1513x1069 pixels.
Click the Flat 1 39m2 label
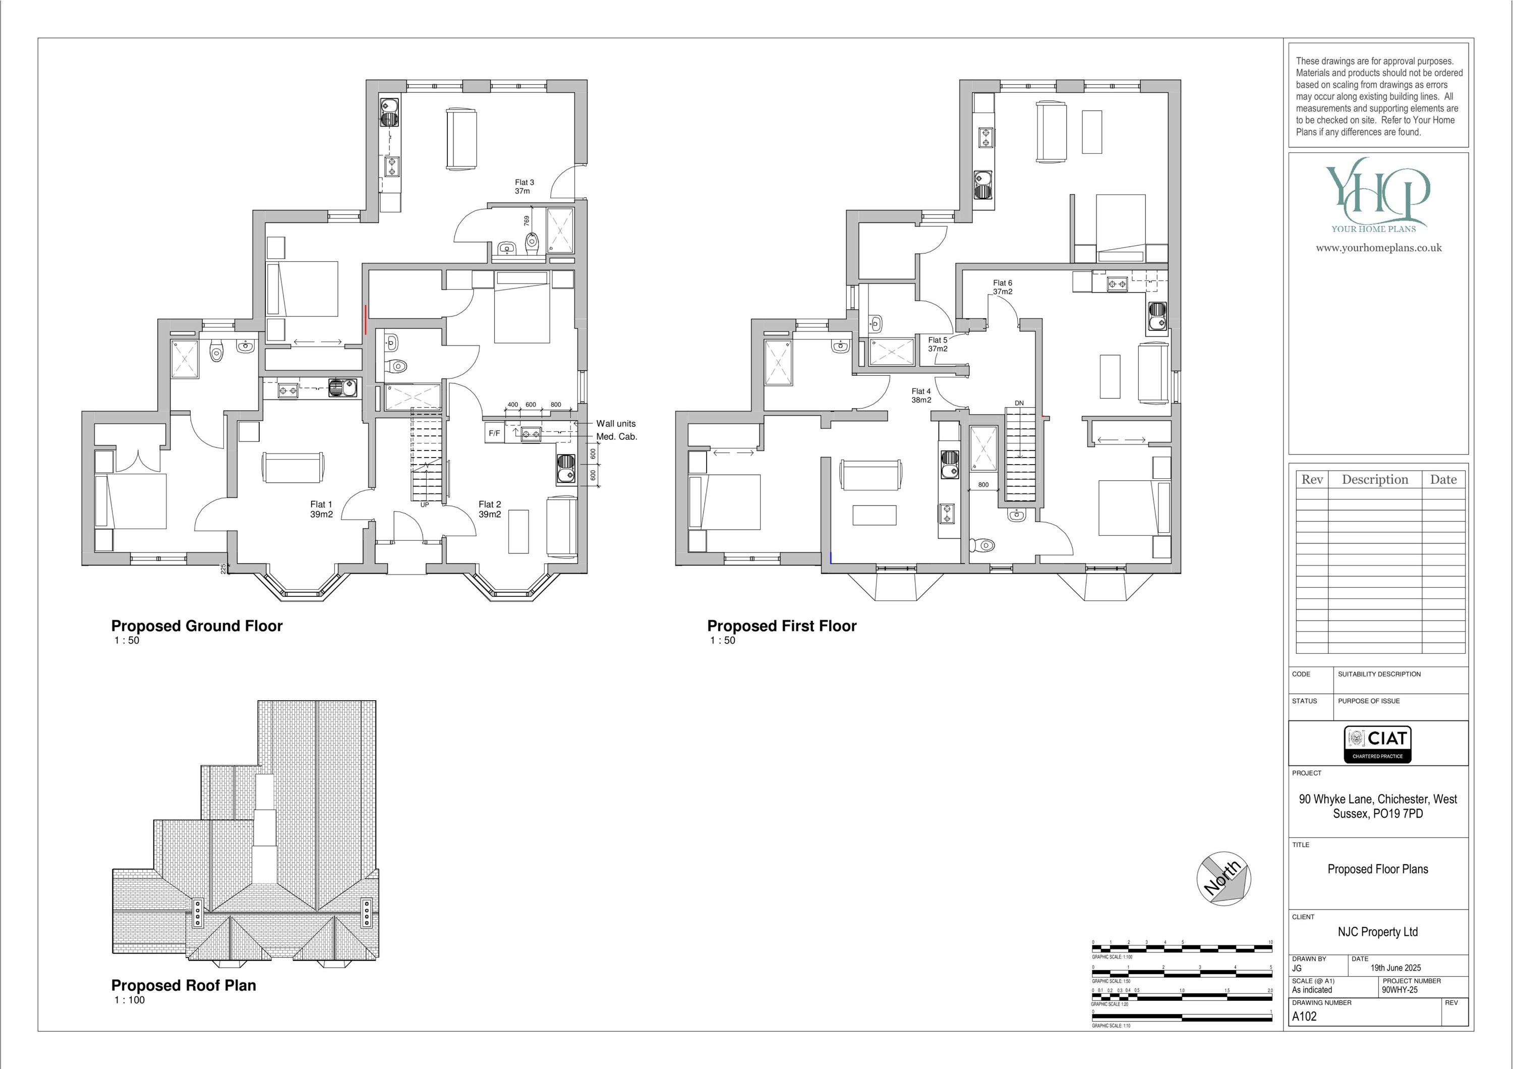(322, 510)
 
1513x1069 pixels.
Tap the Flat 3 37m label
(525, 187)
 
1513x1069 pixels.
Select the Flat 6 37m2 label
(1002, 288)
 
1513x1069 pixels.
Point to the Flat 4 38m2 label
(921, 396)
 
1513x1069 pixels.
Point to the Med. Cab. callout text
(617, 436)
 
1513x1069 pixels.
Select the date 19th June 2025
(1395, 968)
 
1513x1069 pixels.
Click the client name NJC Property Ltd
(1377, 932)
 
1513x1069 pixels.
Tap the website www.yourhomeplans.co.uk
(1378, 248)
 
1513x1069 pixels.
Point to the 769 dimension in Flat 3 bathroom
(527, 221)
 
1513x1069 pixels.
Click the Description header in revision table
(1375, 480)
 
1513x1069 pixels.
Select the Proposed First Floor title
(782, 626)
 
